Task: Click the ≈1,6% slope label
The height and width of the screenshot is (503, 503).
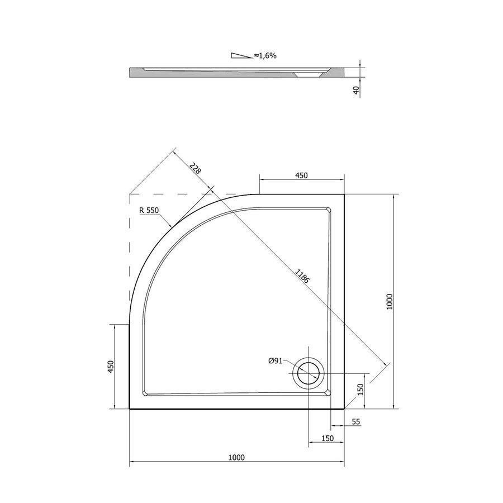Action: tap(265, 56)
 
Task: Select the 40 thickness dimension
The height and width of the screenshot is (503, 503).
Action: tap(356, 91)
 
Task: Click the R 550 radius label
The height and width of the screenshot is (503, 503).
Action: tap(149, 211)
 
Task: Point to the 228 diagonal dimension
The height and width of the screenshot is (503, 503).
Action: tap(195, 168)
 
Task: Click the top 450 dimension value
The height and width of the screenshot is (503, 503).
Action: tap(301, 175)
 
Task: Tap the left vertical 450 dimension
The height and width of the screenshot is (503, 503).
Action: tap(111, 366)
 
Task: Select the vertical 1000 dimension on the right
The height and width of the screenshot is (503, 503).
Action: tap(390, 302)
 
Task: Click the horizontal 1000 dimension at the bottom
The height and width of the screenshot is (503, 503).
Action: tap(236, 457)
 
